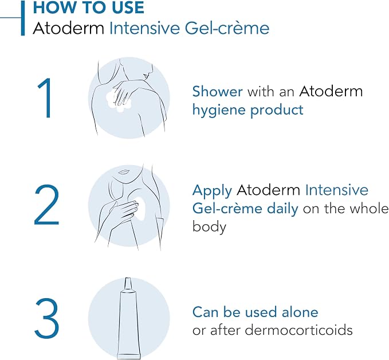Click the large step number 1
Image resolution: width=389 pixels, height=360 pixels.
(x=45, y=99)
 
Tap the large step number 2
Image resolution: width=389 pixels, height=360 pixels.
(x=46, y=205)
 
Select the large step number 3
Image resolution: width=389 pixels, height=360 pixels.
(x=46, y=319)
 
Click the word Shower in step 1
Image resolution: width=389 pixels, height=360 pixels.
(x=217, y=91)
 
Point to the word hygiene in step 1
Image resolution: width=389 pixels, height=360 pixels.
(x=219, y=110)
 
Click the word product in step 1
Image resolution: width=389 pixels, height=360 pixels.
(x=277, y=110)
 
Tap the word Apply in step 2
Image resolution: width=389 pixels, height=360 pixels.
(x=212, y=191)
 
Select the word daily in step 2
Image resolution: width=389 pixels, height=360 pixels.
(x=282, y=208)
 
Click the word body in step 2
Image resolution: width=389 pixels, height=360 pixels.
(x=209, y=226)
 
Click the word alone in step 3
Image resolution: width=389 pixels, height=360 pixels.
(x=300, y=312)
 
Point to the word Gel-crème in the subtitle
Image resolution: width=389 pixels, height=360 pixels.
(x=227, y=28)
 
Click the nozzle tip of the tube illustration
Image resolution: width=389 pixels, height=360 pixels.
(x=128, y=279)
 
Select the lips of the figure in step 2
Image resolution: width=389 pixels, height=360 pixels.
(x=124, y=172)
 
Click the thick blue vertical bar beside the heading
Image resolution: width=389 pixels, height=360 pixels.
(x=23, y=18)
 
